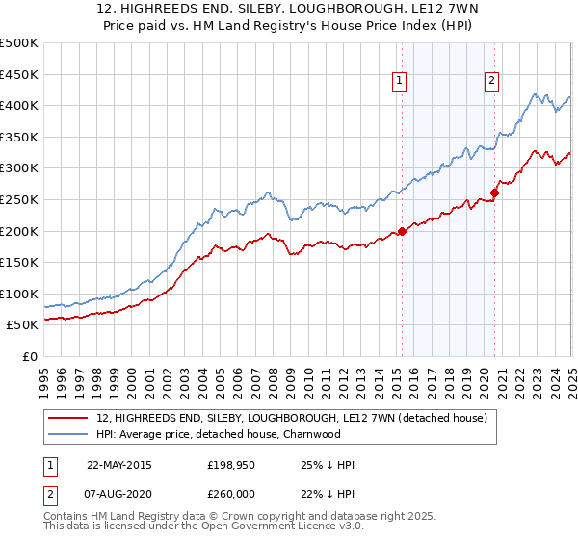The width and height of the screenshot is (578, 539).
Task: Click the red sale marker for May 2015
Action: [x=402, y=231]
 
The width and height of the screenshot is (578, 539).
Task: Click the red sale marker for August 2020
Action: [x=494, y=192]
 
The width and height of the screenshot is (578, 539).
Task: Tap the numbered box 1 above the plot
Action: [x=399, y=81]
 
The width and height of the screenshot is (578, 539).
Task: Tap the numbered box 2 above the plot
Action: [x=491, y=81]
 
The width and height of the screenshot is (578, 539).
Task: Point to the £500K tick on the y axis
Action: [x=19, y=43]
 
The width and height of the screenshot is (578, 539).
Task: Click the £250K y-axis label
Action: [x=19, y=199]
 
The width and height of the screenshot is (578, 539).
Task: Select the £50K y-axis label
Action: [x=23, y=325]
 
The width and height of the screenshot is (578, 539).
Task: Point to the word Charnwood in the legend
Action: [x=313, y=434]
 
